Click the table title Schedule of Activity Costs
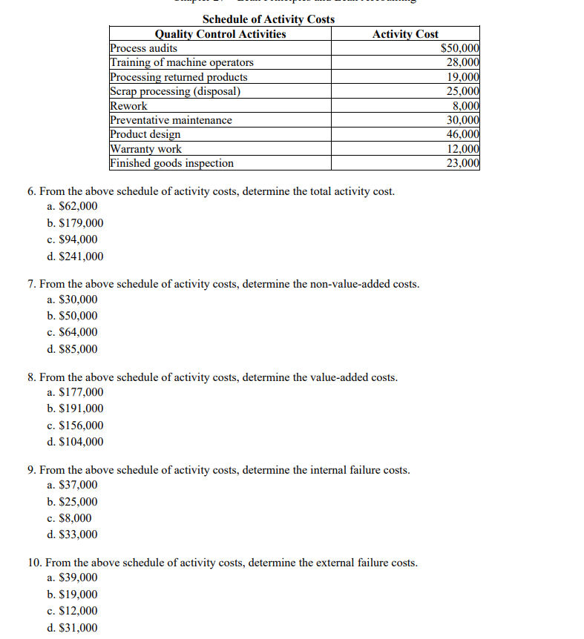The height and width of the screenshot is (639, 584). click(268, 19)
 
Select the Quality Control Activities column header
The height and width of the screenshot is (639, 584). click(220, 33)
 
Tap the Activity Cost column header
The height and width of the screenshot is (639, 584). click(405, 33)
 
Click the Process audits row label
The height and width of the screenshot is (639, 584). click(144, 48)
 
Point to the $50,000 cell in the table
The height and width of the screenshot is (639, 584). click(459, 48)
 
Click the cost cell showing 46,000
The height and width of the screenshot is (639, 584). click(462, 134)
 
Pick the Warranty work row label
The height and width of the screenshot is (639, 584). click(145, 149)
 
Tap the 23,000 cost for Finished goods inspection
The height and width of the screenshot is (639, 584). click(462, 163)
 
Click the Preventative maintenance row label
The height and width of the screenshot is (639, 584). click(171, 120)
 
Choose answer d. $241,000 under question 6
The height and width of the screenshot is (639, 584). click(75, 256)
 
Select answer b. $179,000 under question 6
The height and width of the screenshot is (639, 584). click(75, 223)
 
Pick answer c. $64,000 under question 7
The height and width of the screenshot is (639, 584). click(72, 332)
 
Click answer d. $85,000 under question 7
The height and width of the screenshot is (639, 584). click(72, 349)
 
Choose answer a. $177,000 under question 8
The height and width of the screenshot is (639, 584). click(75, 392)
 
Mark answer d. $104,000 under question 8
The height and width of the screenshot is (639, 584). click(75, 442)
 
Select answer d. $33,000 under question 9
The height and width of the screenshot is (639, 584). click(72, 534)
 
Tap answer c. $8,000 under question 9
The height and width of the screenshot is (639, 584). click(69, 518)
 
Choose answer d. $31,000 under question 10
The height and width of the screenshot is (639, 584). click(72, 628)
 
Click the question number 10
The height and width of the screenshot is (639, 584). click(34, 563)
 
